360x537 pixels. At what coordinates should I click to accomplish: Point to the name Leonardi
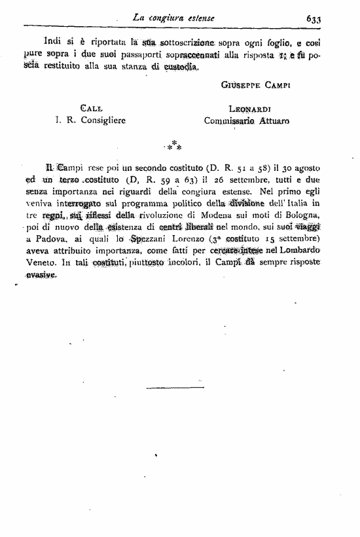250,109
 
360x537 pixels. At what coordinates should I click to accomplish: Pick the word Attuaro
274,120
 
